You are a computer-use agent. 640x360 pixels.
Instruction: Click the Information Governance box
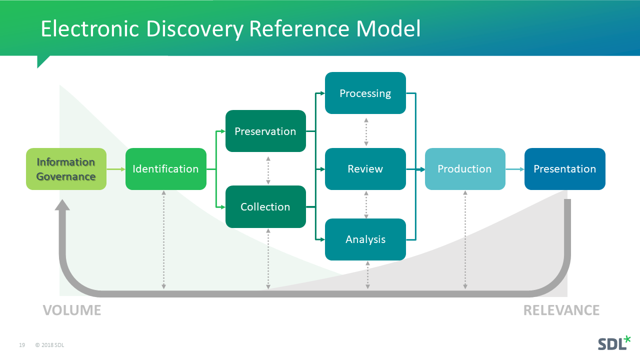click(66, 169)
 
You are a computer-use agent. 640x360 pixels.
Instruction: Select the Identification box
click(165, 169)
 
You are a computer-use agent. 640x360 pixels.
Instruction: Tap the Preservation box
click(265, 131)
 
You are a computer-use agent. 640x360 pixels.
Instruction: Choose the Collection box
click(265, 206)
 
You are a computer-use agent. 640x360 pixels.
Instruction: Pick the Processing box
click(365, 93)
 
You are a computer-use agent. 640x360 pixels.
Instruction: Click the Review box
click(365, 169)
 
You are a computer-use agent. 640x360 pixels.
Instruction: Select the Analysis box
click(365, 239)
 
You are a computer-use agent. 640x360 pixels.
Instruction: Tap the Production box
click(464, 169)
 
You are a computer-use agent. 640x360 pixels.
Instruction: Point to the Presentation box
click(564, 169)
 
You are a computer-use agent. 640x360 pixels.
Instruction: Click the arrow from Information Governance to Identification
click(116, 169)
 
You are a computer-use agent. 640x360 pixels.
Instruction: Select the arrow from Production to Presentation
click(515, 169)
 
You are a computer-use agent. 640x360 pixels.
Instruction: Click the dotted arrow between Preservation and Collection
click(268, 170)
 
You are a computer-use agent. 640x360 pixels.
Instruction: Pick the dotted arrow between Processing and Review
click(366, 131)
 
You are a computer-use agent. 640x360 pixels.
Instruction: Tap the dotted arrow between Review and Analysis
click(366, 204)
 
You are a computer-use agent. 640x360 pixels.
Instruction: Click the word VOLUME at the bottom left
click(72, 310)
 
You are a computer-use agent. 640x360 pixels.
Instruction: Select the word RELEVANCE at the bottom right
click(561, 310)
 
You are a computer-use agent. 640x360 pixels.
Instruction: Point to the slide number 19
click(22, 345)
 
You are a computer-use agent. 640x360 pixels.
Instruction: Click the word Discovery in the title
click(194, 29)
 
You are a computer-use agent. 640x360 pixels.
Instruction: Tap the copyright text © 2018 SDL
click(49, 345)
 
